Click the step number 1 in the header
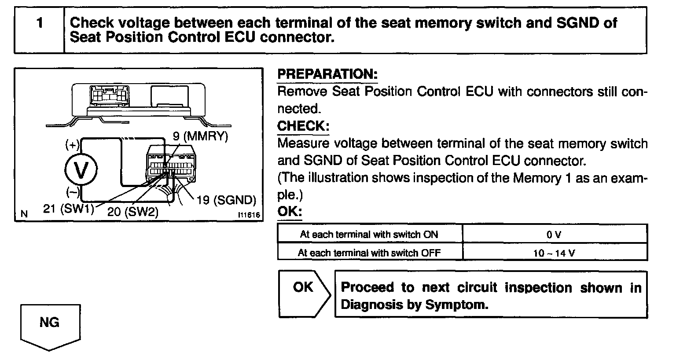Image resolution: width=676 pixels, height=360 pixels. pos(40,23)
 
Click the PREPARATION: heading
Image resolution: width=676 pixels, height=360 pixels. pos(327,74)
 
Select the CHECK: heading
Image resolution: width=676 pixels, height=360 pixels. pos(303,126)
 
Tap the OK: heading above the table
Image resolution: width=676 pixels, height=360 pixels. pos(290,212)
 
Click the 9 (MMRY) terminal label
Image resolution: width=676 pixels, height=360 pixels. pos(200,136)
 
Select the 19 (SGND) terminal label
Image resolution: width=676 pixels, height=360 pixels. pos(226,201)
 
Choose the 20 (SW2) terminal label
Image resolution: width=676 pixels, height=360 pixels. pos(132,212)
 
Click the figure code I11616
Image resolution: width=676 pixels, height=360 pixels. pos(248,215)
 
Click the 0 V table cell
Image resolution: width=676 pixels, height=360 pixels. pos(554,235)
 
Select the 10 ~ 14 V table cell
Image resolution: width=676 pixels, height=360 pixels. pos(554,253)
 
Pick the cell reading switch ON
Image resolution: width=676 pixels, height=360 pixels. pos(369,235)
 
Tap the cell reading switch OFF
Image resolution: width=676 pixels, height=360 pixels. pos(369,253)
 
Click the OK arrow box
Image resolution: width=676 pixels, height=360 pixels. pos(304,294)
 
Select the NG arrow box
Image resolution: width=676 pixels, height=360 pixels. pos(50,326)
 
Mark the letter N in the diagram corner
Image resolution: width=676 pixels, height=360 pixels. pos(25,214)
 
